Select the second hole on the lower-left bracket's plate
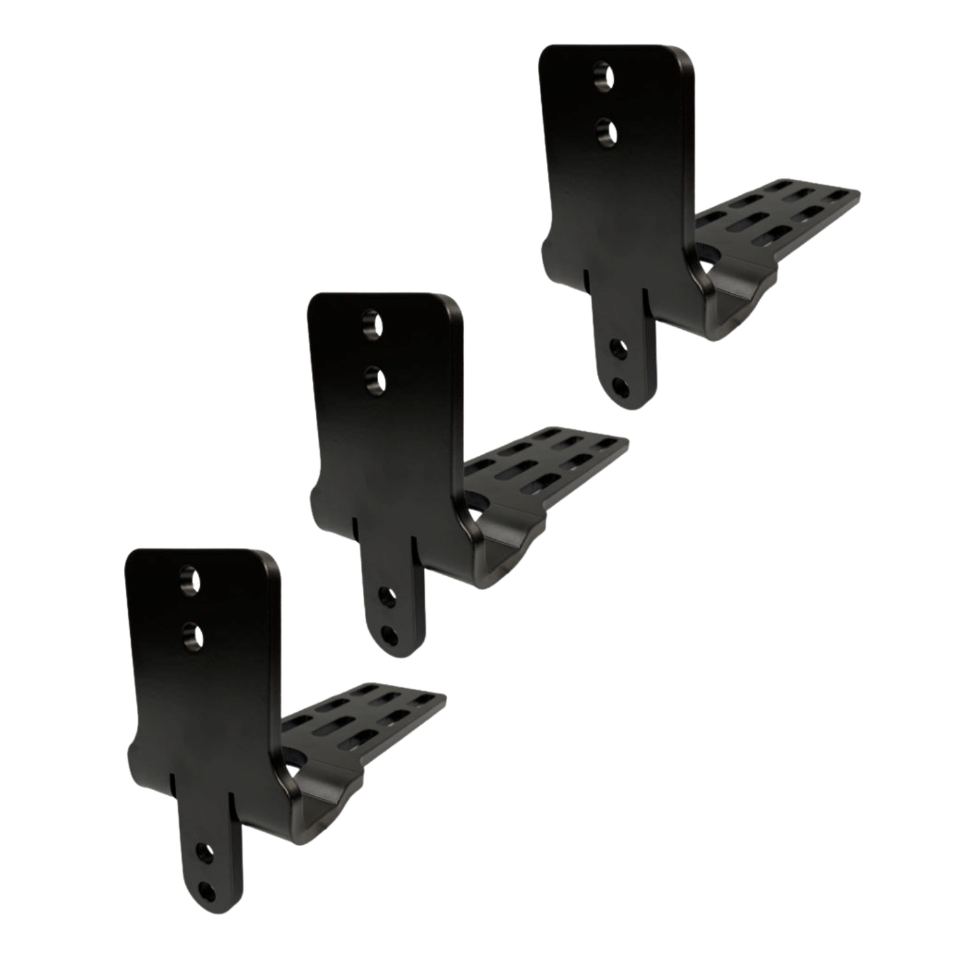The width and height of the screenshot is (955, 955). pos(192,634)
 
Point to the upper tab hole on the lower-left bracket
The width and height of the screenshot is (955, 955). pos(205,853)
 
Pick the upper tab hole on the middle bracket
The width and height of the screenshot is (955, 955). pos(386,598)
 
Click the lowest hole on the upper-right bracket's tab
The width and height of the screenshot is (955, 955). pos(619,385)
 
